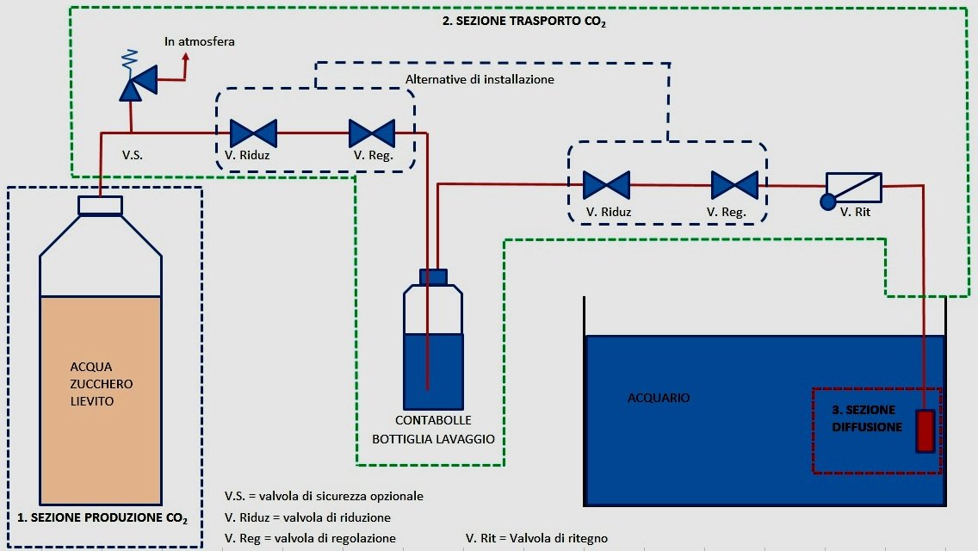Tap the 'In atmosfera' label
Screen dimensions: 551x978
(200, 41)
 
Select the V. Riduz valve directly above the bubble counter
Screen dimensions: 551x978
(253, 133)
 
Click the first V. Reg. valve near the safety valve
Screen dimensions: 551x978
(372, 133)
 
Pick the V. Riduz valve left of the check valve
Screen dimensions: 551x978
(606, 185)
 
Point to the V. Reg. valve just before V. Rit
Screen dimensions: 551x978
(734, 185)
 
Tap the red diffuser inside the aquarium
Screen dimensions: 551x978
(925, 431)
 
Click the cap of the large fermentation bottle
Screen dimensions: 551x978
(101, 205)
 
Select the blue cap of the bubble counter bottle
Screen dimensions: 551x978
(433, 276)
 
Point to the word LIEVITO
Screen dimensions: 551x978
(91, 401)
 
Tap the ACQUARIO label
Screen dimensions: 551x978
(659, 398)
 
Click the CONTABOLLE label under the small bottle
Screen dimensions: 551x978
(433, 421)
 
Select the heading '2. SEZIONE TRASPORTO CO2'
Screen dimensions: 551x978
(524, 23)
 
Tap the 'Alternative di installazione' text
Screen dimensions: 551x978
(480, 79)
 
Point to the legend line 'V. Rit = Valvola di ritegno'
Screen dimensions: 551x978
(536, 538)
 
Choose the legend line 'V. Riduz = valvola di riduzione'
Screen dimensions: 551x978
(307, 517)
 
